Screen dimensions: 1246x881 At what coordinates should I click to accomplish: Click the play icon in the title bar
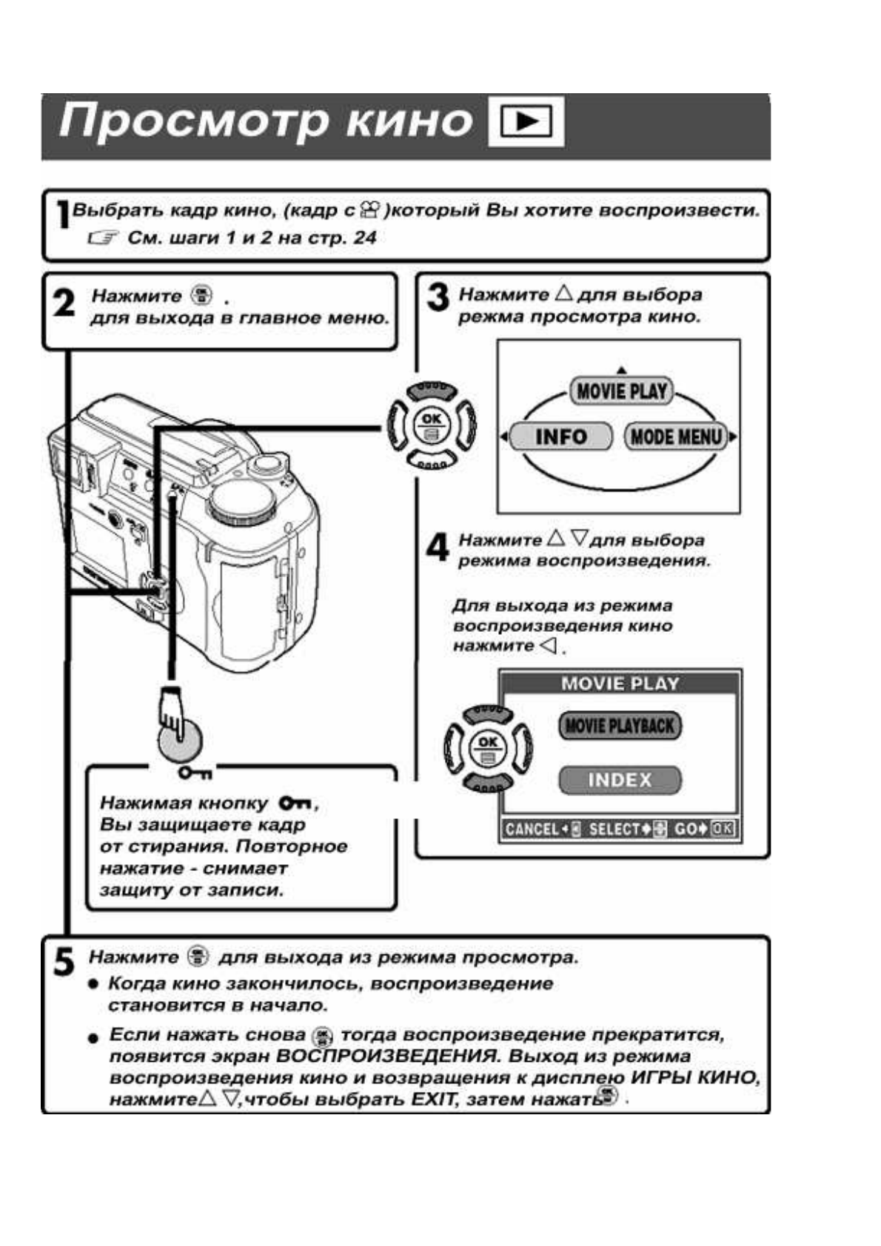pyautogui.click(x=526, y=122)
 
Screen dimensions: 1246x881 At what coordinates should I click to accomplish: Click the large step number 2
pyautogui.click(x=64, y=303)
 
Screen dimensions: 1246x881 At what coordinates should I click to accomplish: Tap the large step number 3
pyautogui.click(x=438, y=298)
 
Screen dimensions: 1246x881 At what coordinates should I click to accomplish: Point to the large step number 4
pyautogui.click(x=438, y=548)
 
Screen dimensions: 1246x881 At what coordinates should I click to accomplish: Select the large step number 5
pyautogui.click(x=64, y=963)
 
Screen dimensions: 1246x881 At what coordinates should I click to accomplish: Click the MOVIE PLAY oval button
pyautogui.click(x=621, y=391)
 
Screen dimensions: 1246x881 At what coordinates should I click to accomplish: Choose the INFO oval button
pyautogui.click(x=560, y=437)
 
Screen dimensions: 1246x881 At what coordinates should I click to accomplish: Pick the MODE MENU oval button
pyautogui.click(x=674, y=437)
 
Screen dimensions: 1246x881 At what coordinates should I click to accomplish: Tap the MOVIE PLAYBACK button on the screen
pyautogui.click(x=620, y=726)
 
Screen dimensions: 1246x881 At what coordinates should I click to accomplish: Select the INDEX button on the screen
pyautogui.click(x=620, y=780)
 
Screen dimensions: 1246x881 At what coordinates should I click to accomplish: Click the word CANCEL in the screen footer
pyautogui.click(x=532, y=829)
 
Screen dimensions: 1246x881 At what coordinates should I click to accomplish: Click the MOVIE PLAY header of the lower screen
pyautogui.click(x=620, y=683)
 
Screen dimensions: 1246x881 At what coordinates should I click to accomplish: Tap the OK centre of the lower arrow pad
pyautogui.click(x=487, y=747)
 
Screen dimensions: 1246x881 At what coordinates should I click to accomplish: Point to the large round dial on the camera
pyautogui.click(x=243, y=506)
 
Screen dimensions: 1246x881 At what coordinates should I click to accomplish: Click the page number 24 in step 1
pyautogui.click(x=365, y=238)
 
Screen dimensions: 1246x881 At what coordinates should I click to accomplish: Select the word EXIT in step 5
pyautogui.click(x=432, y=1099)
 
